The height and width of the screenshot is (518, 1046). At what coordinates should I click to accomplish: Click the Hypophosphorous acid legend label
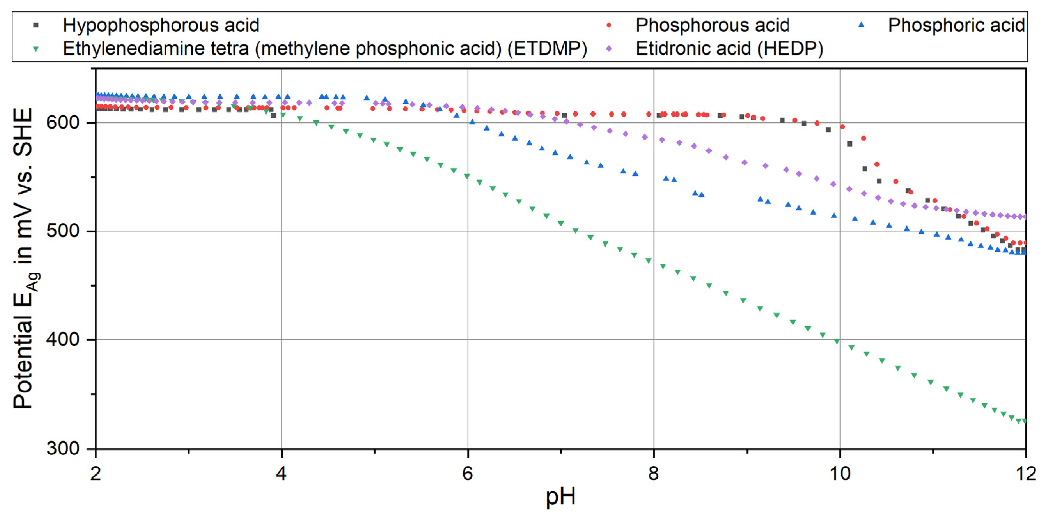pyautogui.click(x=161, y=25)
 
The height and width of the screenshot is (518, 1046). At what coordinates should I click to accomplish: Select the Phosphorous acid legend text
pyautogui.click(x=712, y=25)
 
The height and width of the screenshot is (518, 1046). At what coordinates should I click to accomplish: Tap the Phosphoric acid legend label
pyautogui.click(x=956, y=25)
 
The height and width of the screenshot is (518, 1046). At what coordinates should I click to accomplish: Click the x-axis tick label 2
pyautogui.click(x=96, y=473)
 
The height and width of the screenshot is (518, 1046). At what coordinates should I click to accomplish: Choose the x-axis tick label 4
pyautogui.click(x=281, y=473)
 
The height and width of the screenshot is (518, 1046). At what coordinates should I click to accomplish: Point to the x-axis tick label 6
pyautogui.click(x=467, y=473)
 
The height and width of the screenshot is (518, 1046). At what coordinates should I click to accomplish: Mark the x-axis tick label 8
pyautogui.click(x=653, y=473)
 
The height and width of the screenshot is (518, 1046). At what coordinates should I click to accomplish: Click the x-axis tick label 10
pyautogui.click(x=839, y=473)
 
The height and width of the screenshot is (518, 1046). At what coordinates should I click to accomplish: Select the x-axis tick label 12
pyautogui.click(x=1026, y=473)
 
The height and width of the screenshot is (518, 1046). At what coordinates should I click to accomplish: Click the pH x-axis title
pyautogui.click(x=560, y=496)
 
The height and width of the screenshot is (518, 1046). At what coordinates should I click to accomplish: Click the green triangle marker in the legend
pyautogui.click(x=36, y=49)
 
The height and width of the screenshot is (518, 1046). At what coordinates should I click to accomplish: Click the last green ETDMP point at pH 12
pyautogui.click(x=1024, y=421)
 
